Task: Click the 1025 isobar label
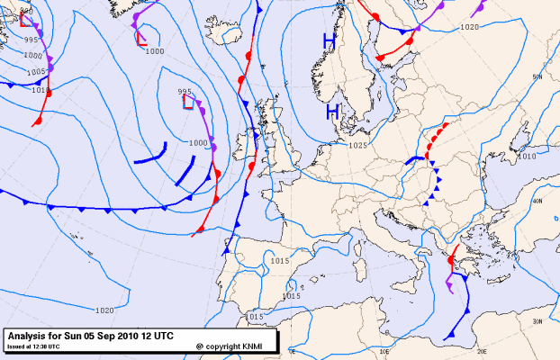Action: [357, 145]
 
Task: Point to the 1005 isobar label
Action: [37, 70]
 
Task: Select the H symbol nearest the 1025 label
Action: [332, 112]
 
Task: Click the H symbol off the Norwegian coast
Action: [330, 41]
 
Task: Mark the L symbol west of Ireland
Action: [188, 102]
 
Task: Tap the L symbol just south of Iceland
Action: [141, 39]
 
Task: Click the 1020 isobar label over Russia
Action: [469, 27]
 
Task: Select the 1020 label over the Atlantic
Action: [104, 310]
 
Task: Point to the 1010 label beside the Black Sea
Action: [527, 156]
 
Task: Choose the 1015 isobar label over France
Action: [279, 261]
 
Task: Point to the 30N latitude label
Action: [537, 321]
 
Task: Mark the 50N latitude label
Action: [538, 76]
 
